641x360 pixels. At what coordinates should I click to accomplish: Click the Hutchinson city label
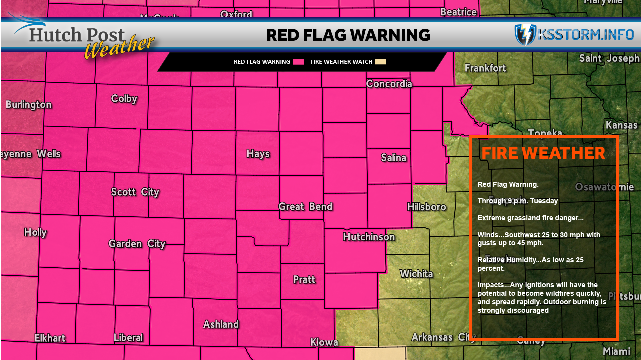coord(369,237)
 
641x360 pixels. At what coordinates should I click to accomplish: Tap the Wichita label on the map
coord(416,274)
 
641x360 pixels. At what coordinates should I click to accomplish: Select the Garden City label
coord(137,244)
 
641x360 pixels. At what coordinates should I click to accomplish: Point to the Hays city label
coord(258,154)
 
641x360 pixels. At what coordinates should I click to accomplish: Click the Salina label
coord(394,158)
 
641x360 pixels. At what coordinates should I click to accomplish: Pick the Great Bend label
coord(305,207)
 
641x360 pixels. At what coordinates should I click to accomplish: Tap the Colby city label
coord(124,99)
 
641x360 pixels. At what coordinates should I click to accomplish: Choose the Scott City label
coord(135,192)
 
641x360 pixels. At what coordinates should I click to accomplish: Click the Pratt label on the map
coord(304,279)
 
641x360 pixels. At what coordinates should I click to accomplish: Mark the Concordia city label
coord(389,84)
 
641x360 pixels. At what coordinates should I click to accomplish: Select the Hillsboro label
coord(427,207)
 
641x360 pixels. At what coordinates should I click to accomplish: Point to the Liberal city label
coord(128,338)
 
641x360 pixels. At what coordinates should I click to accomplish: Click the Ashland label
coord(221,324)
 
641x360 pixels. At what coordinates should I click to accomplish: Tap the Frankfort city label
coord(485,68)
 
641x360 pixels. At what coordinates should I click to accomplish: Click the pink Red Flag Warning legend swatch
coord(299,62)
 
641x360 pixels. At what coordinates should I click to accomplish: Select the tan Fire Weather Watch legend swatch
coord(381,62)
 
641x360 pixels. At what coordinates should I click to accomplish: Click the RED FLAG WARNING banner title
coord(348,35)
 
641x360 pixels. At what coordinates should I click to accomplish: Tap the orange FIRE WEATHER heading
coord(543,153)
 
